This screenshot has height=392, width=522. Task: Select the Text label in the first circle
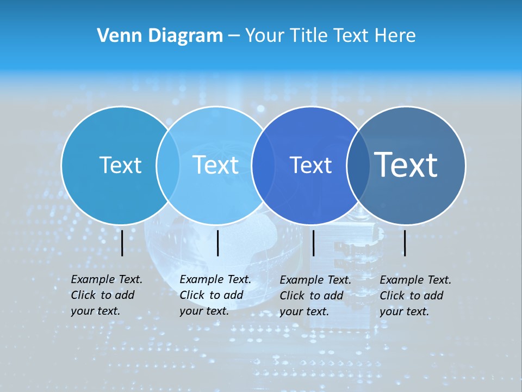pos(120,165)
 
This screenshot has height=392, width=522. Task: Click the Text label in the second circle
pos(215,165)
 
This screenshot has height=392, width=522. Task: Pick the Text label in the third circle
pos(310,165)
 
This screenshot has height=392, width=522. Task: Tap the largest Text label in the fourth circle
pos(406,164)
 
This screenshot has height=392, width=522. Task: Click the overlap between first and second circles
pos(168,165)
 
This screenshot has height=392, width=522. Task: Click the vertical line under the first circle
pos(122,243)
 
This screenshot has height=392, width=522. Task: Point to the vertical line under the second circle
pos(217,243)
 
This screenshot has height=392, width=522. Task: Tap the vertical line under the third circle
pos(313,243)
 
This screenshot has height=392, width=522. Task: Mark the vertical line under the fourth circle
pos(405,243)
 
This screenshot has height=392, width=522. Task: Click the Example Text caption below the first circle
pos(106,295)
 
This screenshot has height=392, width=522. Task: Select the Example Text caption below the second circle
pos(215,295)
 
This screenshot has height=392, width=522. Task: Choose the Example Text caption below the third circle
pos(315,296)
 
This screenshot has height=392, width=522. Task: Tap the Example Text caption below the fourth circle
pos(415,296)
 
